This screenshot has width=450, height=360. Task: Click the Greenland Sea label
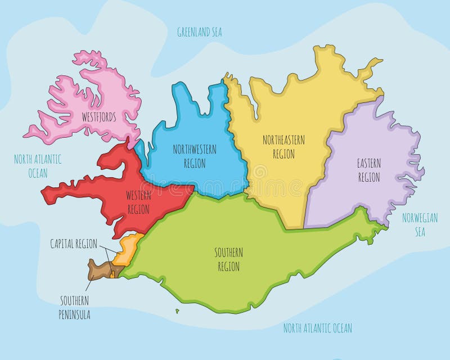click(199, 32)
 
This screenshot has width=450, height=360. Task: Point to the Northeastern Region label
click(283, 146)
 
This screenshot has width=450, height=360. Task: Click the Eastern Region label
click(369, 170)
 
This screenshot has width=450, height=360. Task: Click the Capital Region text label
click(74, 244)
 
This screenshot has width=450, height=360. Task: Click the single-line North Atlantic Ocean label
click(318, 328)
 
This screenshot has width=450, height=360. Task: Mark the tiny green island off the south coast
click(177, 310)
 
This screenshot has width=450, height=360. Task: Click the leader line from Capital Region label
click(108, 249)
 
